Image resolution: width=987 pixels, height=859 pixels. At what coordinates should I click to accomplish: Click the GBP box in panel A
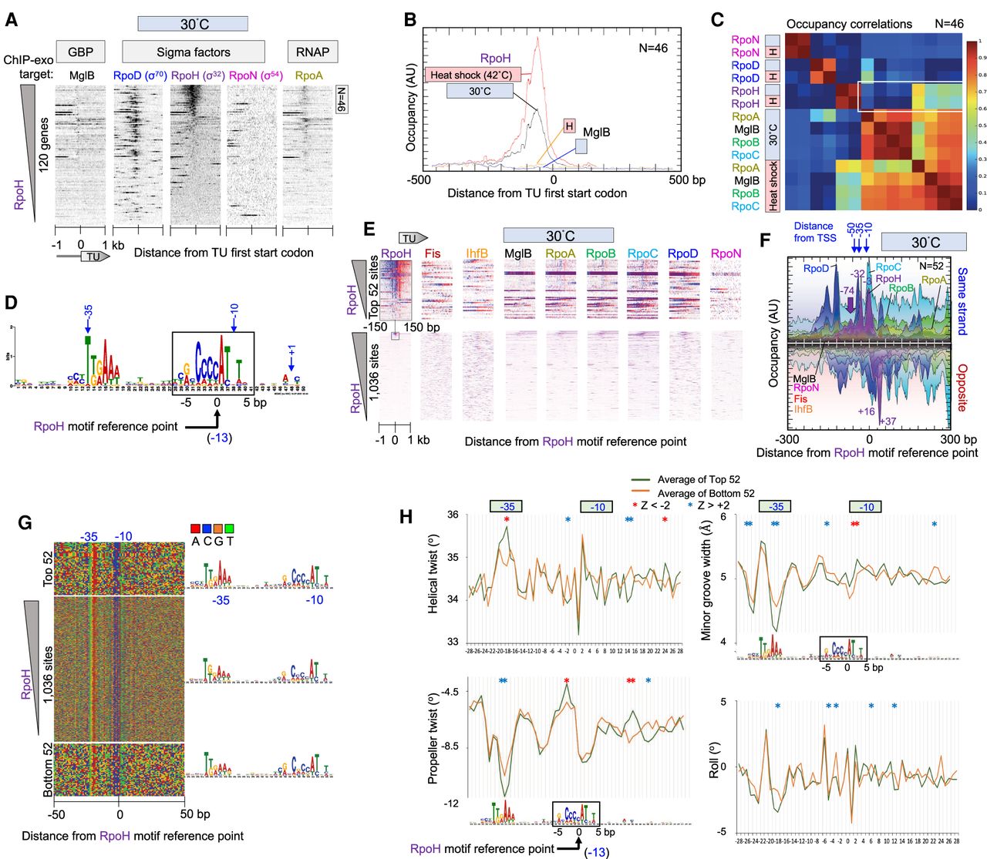pos(80,52)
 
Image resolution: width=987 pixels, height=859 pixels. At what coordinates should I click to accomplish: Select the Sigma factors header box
pos(194,52)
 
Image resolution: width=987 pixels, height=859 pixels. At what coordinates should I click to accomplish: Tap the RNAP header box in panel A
pos(312,52)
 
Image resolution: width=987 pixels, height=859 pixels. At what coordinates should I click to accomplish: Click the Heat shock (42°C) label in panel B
pos(473,75)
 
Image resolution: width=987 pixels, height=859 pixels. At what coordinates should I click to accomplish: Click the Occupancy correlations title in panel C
pos(849,24)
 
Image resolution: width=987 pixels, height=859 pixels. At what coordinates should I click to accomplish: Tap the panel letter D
pos(11,302)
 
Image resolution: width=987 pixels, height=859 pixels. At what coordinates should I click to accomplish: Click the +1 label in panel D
pos(291,351)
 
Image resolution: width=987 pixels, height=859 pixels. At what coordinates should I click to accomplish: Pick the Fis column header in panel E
pos(432,253)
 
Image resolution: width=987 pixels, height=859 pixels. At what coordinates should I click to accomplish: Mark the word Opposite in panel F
pos(962,388)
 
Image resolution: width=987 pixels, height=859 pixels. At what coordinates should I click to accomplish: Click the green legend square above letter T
pos(228,528)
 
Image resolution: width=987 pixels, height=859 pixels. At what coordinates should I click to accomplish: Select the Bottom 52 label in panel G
pos(48,770)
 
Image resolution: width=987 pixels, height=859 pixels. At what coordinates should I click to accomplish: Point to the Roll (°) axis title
pos(713,760)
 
